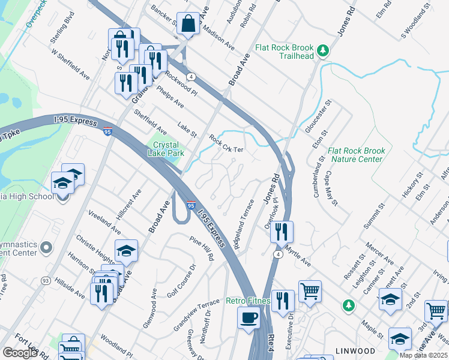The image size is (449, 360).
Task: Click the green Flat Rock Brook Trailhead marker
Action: click(x=324, y=50)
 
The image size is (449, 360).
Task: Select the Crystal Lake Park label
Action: click(x=167, y=148)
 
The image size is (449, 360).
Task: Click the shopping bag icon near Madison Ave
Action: click(x=188, y=25)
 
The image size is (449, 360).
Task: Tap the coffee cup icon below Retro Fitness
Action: click(x=249, y=318)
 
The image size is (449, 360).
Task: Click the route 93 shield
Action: click(x=45, y=280)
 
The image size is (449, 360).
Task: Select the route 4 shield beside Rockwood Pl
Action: click(x=190, y=77)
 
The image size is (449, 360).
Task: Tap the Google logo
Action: click(x=20, y=353)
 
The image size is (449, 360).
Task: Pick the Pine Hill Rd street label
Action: click(x=201, y=248)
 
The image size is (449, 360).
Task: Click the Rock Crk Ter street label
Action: click(x=226, y=144)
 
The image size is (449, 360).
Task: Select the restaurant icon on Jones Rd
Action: click(x=282, y=232)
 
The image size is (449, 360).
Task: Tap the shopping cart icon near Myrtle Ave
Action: click(x=310, y=292)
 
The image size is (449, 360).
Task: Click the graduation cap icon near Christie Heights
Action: click(x=126, y=251)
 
